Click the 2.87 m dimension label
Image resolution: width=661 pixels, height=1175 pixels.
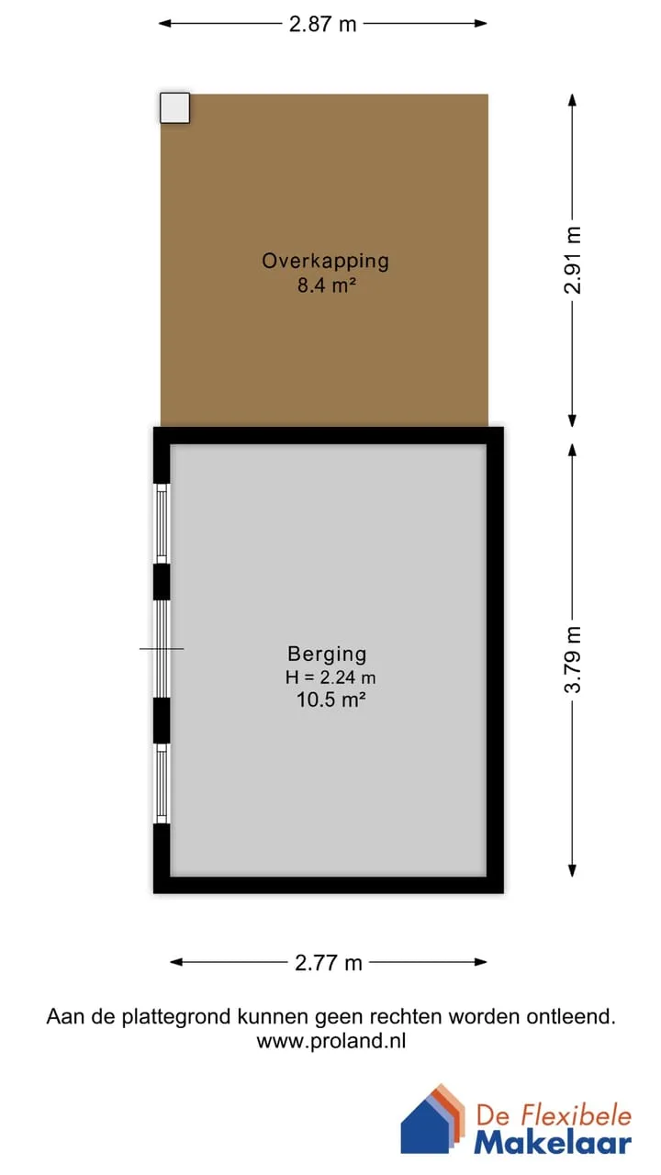(x=322, y=24)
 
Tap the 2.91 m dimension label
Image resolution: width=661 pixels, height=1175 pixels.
(x=573, y=260)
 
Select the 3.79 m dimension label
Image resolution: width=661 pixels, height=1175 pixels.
(x=573, y=660)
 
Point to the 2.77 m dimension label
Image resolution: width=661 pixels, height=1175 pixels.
(x=329, y=963)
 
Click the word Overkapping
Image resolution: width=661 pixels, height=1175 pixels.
(x=325, y=262)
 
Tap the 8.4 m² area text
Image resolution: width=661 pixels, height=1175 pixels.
(x=327, y=285)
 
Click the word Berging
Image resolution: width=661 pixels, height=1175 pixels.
(x=327, y=655)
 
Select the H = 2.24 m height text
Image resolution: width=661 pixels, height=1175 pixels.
(x=330, y=677)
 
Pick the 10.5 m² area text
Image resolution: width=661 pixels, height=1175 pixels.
(x=331, y=699)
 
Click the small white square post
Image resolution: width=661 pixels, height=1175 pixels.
(x=174, y=108)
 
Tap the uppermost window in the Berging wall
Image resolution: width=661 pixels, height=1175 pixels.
(x=162, y=523)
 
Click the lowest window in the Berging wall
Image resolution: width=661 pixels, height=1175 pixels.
(x=162, y=784)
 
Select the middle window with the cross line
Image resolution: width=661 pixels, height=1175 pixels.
(x=162, y=649)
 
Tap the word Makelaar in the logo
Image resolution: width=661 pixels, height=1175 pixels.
(x=553, y=1143)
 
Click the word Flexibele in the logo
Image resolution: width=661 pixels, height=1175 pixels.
(x=575, y=1114)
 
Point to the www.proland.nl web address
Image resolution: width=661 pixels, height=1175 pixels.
(x=331, y=1041)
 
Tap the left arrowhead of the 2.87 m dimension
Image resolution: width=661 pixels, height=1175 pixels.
(x=164, y=24)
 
